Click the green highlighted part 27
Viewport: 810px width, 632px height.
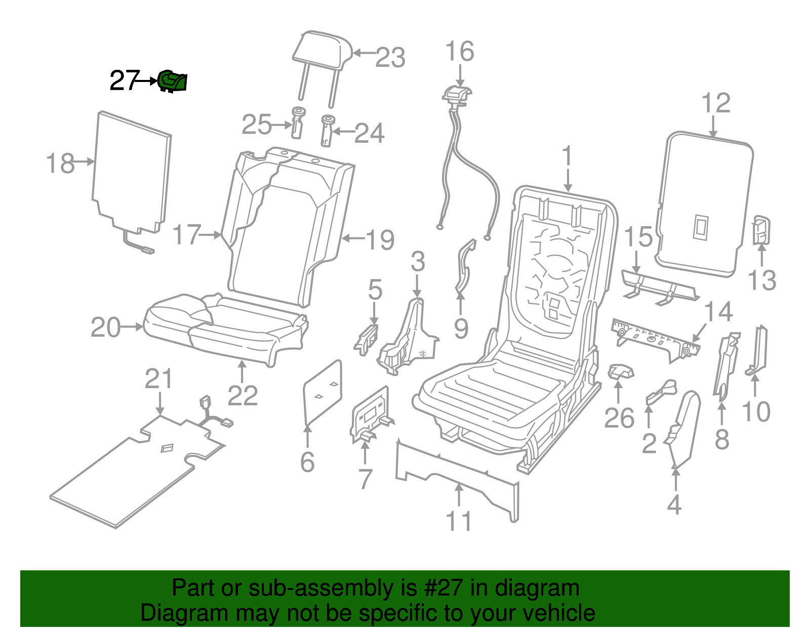coord(173,81)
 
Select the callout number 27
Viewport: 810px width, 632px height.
coord(125,80)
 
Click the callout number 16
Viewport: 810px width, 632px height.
coord(460,51)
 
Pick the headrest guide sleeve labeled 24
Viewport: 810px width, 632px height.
coord(327,131)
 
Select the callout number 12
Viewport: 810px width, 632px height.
coord(716,103)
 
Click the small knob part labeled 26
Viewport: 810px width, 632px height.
coord(621,372)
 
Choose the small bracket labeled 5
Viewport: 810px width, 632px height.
coord(367,340)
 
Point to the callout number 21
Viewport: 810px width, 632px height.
coord(159,378)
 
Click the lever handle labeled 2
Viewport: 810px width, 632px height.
coord(661,392)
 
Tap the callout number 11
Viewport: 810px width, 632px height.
coord(459,521)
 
